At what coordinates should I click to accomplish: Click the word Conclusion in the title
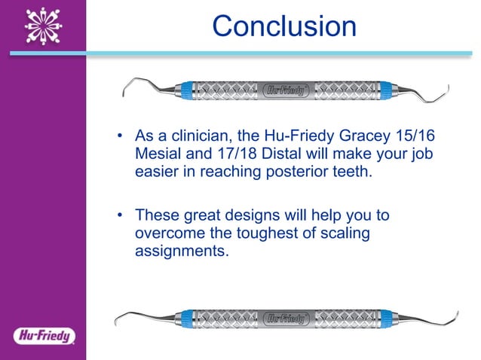284,26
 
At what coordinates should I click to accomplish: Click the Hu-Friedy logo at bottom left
42,334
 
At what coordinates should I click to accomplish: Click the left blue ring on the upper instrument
186,90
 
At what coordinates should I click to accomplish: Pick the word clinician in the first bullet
190,138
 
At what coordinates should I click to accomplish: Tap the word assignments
180,250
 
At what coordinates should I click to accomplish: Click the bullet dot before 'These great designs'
119,216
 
